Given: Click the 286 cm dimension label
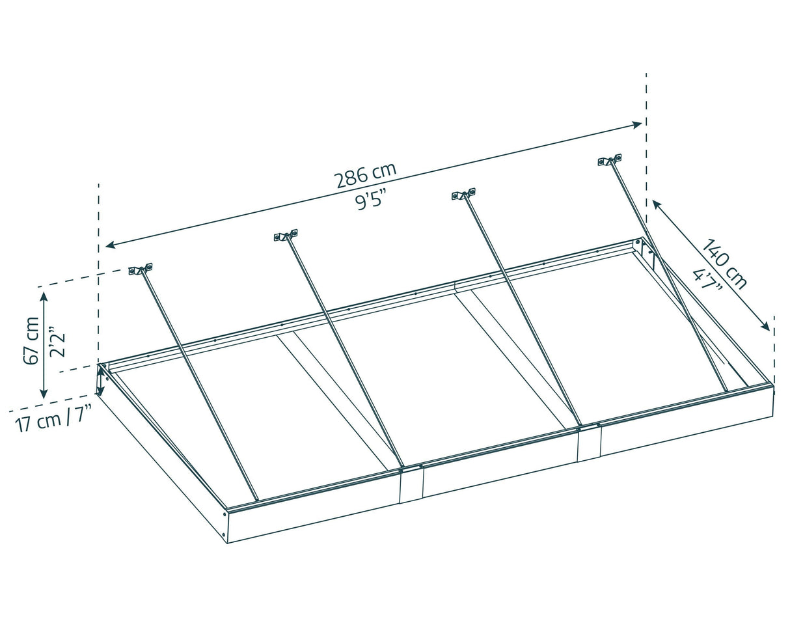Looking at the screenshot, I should click(x=365, y=176).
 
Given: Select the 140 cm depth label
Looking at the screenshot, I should click(x=724, y=264).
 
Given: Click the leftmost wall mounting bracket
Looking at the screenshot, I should click(x=140, y=269).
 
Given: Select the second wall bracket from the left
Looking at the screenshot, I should click(x=286, y=235).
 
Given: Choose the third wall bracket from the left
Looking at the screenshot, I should click(x=463, y=194).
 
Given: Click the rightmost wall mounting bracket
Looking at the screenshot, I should click(x=610, y=159).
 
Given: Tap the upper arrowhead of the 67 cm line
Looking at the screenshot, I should click(x=44, y=297).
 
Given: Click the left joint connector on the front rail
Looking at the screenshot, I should click(x=411, y=484).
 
